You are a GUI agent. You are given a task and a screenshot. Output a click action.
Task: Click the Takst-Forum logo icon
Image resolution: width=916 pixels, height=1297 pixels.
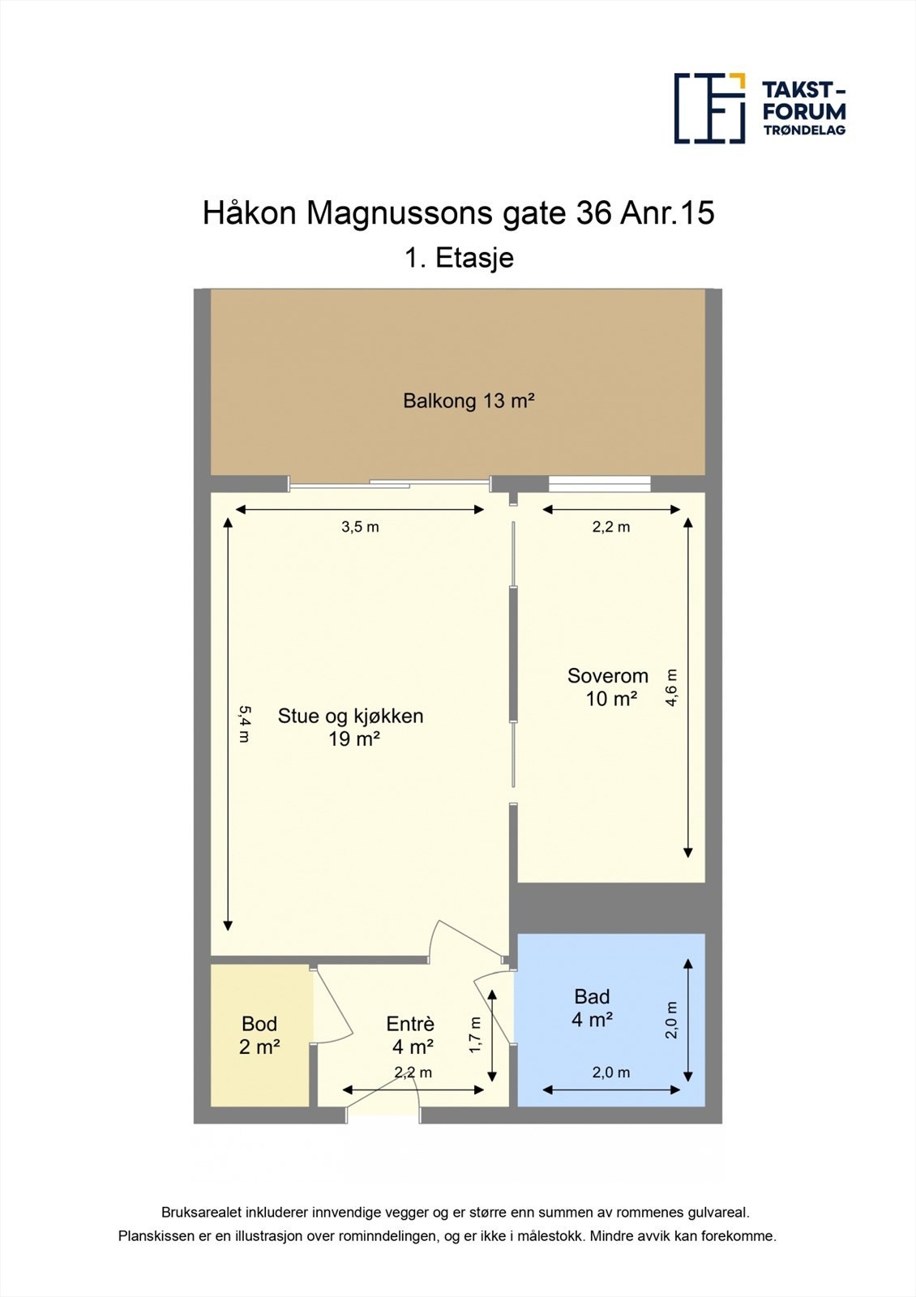(x=709, y=108)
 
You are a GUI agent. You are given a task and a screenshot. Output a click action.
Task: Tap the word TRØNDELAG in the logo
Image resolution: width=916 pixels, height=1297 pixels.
(x=803, y=130)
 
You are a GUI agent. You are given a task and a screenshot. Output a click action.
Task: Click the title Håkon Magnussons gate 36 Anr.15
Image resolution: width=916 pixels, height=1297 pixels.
(x=458, y=213)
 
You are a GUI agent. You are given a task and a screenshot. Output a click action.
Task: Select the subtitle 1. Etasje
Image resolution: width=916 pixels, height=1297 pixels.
(x=459, y=258)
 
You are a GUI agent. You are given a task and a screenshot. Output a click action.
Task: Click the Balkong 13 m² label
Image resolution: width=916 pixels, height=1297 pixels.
(x=469, y=400)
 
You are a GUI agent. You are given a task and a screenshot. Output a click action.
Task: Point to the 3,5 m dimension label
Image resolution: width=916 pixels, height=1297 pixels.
(x=360, y=527)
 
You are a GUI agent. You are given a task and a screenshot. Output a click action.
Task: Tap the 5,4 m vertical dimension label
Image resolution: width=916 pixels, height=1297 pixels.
(x=244, y=724)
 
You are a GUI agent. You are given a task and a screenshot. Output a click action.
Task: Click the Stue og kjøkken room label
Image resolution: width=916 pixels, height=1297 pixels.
(x=350, y=726)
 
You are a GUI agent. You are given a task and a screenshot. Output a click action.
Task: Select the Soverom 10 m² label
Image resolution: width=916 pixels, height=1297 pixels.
(x=608, y=687)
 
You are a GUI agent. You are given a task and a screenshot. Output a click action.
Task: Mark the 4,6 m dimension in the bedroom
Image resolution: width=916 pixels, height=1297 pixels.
(x=672, y=687)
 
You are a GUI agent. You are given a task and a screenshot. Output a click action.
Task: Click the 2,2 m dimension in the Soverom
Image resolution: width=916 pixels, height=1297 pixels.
(x=610, y=527)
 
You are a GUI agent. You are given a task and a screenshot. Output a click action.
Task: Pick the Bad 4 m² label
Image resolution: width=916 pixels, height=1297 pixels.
(x=592, y=1008)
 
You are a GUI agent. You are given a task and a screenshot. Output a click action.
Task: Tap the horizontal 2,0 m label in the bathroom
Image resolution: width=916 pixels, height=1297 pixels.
(x=610, y=1072)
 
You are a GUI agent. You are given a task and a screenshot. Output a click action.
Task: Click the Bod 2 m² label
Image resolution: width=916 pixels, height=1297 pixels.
(x=259, y=1035)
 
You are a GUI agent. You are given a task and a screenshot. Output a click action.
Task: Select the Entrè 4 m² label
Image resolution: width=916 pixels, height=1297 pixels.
(x=411, y=1035)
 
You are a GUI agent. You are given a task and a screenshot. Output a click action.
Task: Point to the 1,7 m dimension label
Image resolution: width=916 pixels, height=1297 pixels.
(x=476, y=1035)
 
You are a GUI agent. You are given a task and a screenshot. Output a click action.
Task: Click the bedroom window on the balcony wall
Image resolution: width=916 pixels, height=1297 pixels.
(x=599, y=484)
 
